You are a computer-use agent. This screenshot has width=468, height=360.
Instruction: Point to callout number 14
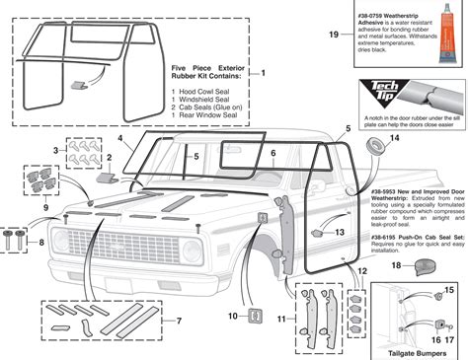[396, 139]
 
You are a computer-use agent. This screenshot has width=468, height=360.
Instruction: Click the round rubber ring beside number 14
[375, 146]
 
